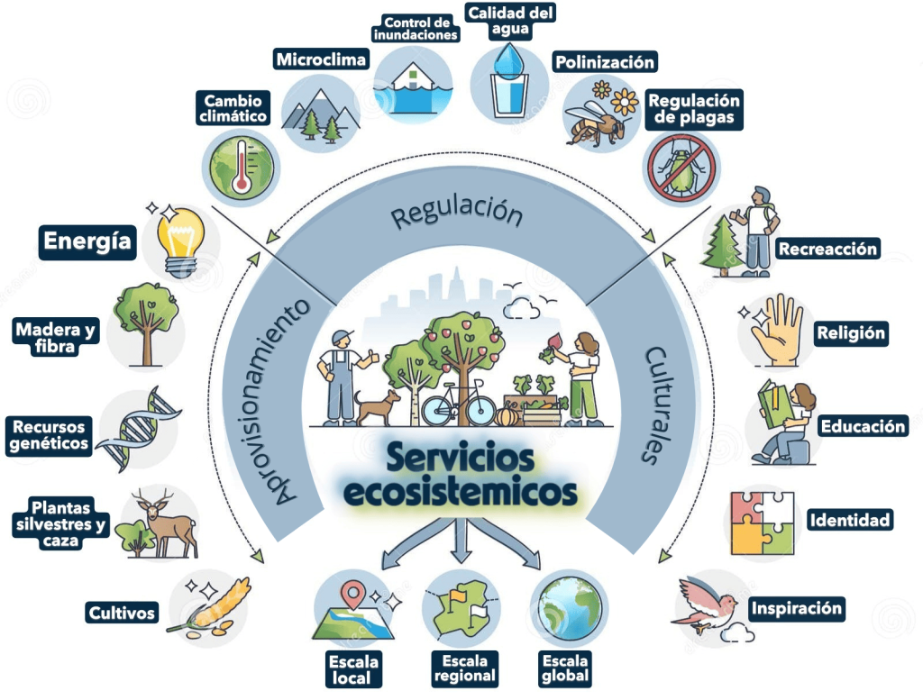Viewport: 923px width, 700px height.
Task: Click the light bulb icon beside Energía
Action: [180, 237]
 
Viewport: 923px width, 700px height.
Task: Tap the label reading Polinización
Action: [604, 62]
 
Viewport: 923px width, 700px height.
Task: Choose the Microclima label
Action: [322, 60]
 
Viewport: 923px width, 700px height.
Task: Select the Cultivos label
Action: [122, 614]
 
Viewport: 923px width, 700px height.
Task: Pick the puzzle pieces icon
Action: [763, 523]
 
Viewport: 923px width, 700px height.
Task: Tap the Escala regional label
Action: [464, 668]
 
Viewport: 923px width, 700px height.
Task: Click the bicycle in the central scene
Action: [458, 405]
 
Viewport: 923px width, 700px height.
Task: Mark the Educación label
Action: [863, 426]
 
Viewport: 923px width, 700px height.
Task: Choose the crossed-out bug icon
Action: [681, 167]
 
